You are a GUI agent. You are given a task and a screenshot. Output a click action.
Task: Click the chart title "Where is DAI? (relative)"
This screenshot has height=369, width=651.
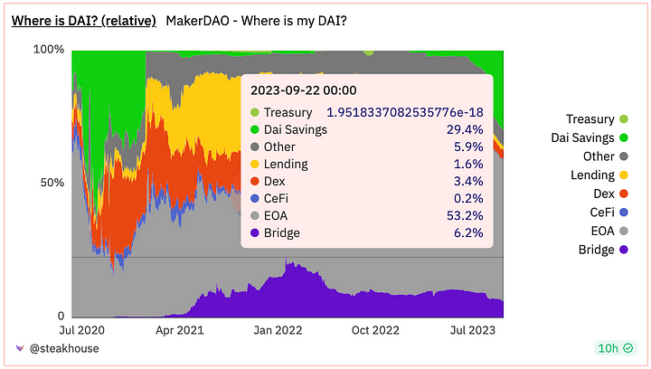click(83, 21)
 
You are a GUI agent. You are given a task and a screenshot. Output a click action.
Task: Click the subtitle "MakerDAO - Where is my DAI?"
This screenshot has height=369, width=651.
click(256, 21)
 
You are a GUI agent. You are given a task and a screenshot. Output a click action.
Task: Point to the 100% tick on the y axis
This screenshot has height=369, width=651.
click(49, 49)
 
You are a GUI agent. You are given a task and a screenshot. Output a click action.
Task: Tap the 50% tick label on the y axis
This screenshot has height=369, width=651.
click(52, 182)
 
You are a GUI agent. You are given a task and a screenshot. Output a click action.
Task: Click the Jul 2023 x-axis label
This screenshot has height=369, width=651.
click(476, 330)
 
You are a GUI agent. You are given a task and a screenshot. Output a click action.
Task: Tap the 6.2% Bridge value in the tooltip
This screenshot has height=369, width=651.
click(469, 232)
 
